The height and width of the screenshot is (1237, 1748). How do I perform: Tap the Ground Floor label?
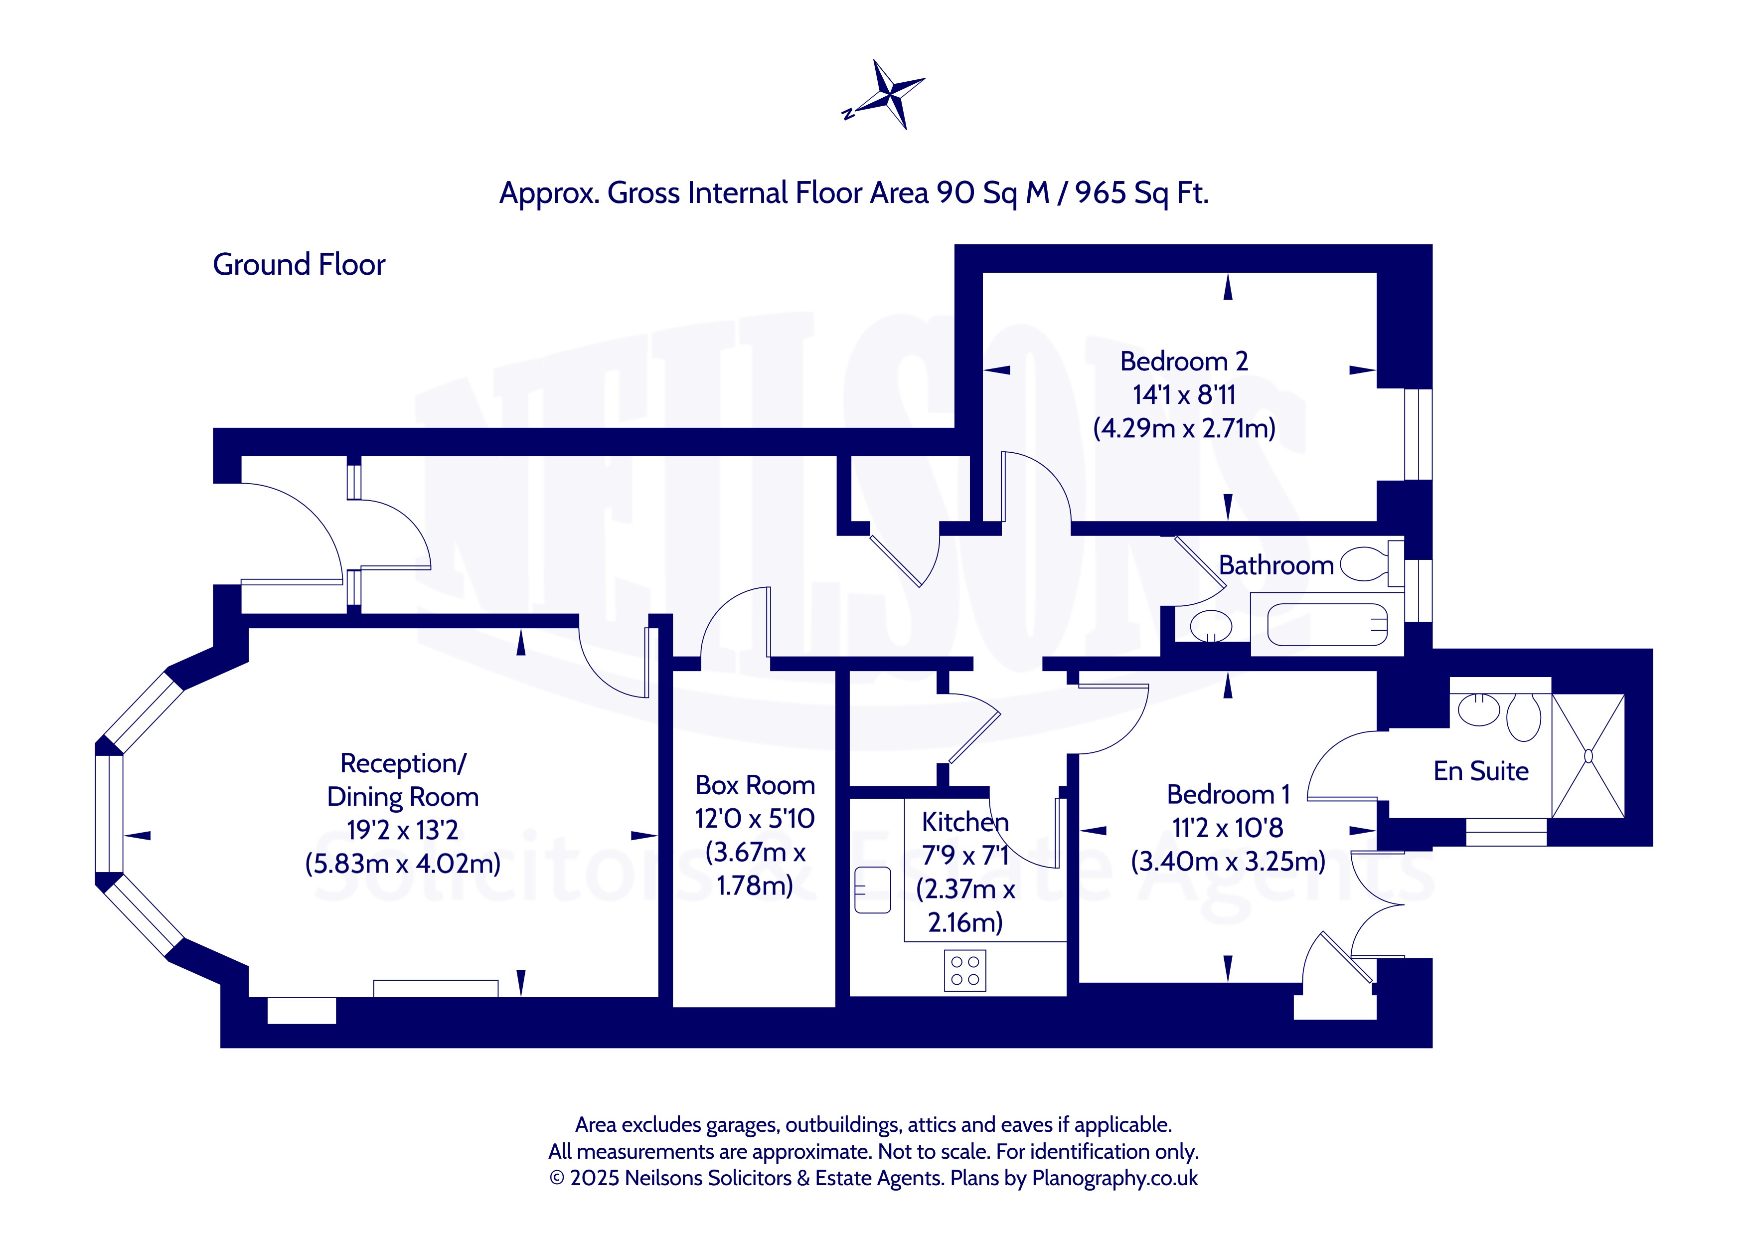[299, 264]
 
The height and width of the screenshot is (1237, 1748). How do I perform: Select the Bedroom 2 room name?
[1184, 361]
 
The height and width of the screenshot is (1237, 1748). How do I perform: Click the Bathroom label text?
[1276, 565]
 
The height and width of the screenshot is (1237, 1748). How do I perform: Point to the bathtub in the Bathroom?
[1326, 625]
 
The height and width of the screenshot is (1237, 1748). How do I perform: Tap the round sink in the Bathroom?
[1211, 626]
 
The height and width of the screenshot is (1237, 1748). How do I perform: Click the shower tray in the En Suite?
[1588, 755]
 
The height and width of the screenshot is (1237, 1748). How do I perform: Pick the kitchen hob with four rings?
[964, 970]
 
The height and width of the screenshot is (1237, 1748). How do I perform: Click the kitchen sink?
[872, 889]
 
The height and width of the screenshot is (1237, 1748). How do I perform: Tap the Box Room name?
[755, 785]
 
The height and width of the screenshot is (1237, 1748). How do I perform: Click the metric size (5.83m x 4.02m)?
[403, 863]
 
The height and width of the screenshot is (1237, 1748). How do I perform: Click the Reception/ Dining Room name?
[403, 779]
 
